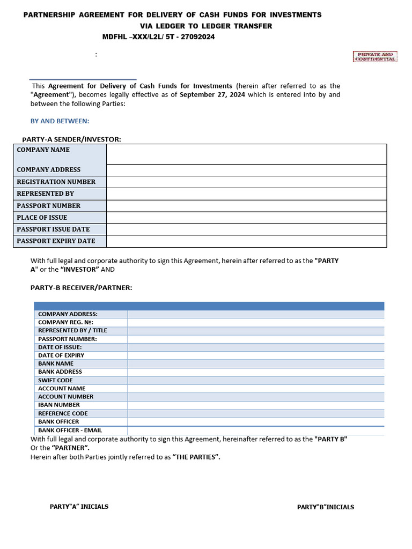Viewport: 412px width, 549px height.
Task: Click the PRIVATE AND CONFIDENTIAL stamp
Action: [x=375, y=57]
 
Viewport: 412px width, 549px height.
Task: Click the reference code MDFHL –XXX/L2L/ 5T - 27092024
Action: [x=159, y=37]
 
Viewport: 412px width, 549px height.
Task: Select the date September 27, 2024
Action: [x=212, y=95]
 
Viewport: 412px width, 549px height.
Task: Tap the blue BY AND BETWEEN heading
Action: [x=60, y=121]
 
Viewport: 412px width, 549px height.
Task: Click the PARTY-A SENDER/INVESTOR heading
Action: [x=71, y=139]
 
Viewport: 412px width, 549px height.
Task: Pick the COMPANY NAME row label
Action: [x=43, y=150]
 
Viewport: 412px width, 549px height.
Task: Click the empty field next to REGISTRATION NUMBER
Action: [x=246, y=182]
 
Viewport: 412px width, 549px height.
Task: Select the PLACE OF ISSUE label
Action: [x=42, y=218]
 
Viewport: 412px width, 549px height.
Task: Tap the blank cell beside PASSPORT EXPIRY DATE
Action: [x=246, y=241]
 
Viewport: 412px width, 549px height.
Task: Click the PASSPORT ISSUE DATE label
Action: [x=53, y=229]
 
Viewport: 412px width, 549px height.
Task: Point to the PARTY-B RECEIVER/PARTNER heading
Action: [x=81, y=288]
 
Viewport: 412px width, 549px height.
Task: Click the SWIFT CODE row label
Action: [x=55, y=380]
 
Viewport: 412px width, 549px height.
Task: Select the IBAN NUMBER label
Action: [x=59, y=405]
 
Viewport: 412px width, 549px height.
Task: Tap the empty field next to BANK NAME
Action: [x=255, y=363]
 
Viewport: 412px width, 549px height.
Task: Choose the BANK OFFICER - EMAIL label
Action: [x=70, y=430]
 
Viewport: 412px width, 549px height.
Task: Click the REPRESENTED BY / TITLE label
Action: [x=72, y=331]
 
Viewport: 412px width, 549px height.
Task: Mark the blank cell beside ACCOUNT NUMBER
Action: [x=255, y=397]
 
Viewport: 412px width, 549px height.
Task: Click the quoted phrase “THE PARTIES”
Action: [x=196, y=457]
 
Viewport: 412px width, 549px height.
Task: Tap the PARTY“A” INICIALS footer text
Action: [x=79, y=507]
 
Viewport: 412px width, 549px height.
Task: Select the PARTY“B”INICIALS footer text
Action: [x=326, y=507]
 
